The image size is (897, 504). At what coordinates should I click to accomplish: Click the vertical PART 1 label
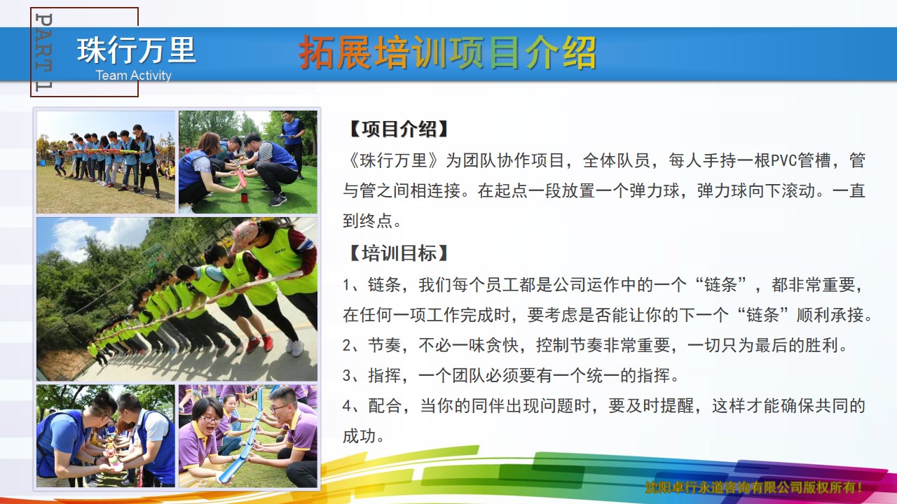coord(43,52)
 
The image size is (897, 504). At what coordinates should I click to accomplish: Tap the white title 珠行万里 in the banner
coord(136,50)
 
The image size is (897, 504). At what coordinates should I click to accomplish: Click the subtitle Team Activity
coord(133,75)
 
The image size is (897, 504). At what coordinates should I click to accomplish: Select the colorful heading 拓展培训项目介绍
coord(448,52)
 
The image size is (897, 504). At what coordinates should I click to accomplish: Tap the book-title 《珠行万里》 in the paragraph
coord(394,160)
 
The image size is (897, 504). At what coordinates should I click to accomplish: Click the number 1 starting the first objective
coord(346,285)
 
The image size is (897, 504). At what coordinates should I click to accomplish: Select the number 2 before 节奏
coord(347,345)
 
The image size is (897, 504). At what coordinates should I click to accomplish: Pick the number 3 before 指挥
coord(347,376)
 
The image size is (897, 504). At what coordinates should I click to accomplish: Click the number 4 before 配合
coord(347,406)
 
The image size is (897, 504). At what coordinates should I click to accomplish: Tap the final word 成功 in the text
coord(360,436)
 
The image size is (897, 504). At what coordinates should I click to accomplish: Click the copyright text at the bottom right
coord(753,487)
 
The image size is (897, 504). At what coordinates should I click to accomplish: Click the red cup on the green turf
coord(244,197)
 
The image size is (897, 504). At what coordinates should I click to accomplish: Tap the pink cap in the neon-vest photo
coord(245,235)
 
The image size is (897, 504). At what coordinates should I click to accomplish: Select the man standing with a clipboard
coord(293,143)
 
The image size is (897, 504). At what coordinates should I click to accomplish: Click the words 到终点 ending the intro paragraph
coord(367,220)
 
